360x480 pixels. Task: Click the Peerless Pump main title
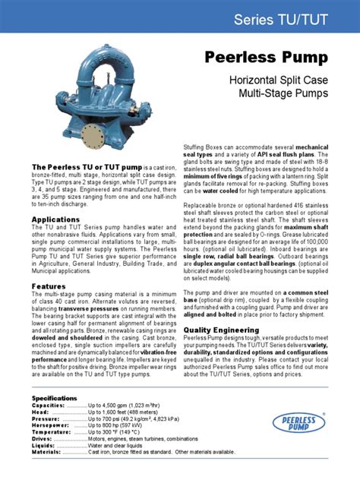(x=267, y=58)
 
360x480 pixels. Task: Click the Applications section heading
(x=55, y=219)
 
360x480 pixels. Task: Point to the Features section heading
(x=49, y=286)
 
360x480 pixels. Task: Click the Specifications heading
(x=54, y=399)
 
